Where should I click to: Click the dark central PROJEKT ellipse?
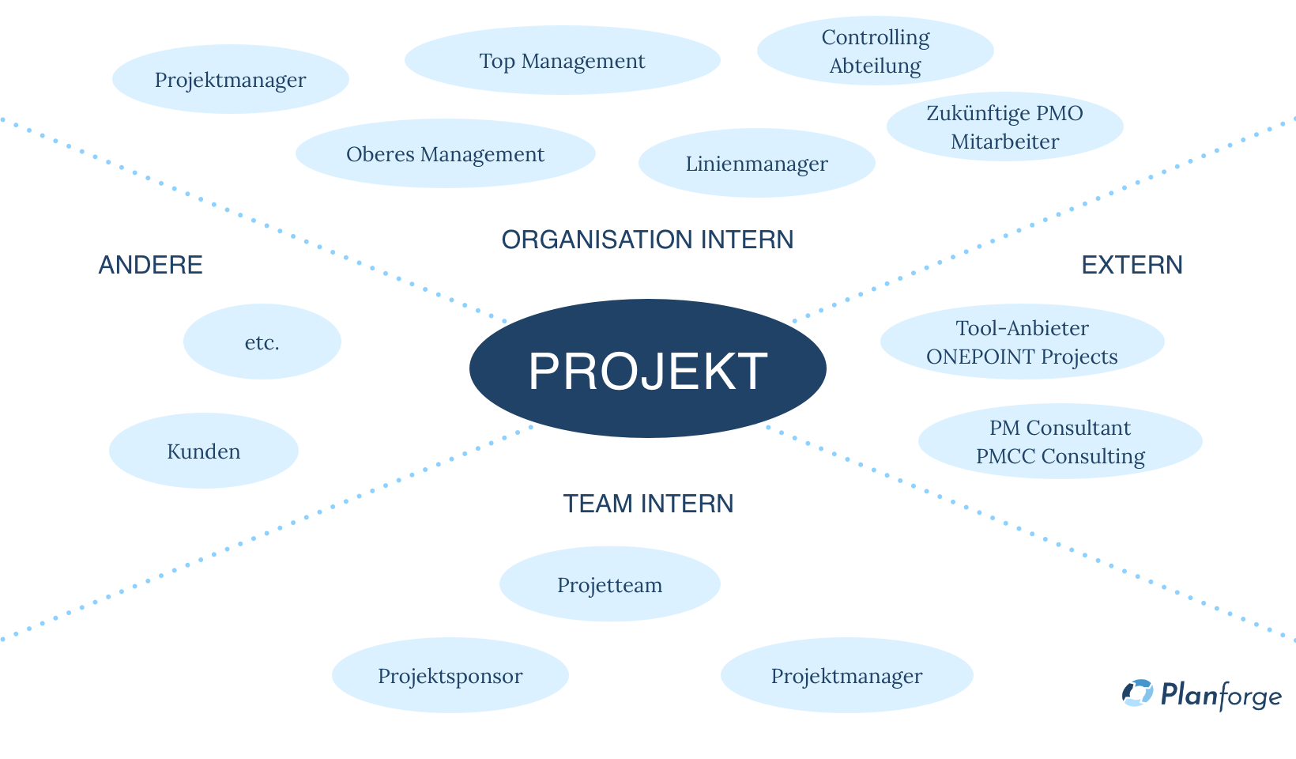click(x=647, y=368)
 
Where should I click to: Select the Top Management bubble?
click(x=562, y=60)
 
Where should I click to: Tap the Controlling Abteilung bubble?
click(x=875, y=51)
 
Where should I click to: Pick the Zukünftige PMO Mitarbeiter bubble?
click(x=1004, y=126)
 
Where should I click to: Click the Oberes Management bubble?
click(x=445, y=153)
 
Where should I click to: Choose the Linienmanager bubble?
click(x=756, y=163)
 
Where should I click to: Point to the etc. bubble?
click(x=262, y=342)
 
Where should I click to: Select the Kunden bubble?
click(x=203, y=451)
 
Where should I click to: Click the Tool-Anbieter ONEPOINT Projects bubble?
click(x=1022, y=342)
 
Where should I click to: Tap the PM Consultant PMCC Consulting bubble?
click(x=1060, y=441)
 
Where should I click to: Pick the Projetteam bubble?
click(x=609, y=584)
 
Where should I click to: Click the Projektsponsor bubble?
click(x=450, y=675)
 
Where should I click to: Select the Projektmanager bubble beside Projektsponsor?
click(x=846, y=675)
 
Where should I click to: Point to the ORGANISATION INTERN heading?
click(x=647, y=240)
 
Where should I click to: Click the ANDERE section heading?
click(x=150, y=265)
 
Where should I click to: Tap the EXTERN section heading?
click(x=1132, y=265)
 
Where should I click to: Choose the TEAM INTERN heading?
click(x=648, y=504)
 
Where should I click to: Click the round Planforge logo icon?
click(x=1137, y=693)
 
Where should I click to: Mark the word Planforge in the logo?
click(x=1220, y=695)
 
